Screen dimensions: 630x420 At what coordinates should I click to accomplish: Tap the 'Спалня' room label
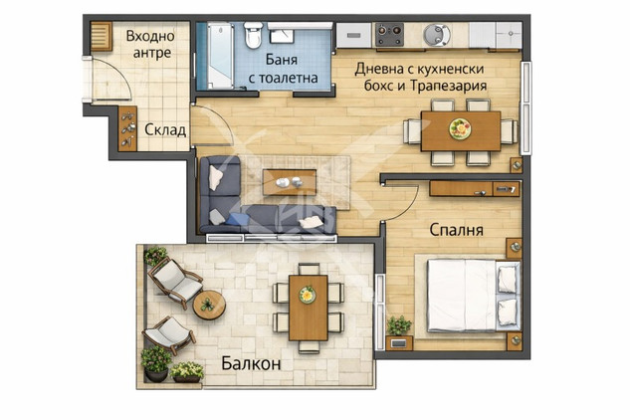456,230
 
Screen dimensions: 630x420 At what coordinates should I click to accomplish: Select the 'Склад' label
165,129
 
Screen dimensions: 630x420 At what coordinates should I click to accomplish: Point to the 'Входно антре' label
150,44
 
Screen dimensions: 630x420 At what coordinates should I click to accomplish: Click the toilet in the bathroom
253,36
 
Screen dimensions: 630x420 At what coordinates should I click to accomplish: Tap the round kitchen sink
436,34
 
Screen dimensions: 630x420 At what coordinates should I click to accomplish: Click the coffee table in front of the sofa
290,182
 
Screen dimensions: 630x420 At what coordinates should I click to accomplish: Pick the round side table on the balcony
209,306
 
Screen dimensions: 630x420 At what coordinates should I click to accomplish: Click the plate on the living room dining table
460,129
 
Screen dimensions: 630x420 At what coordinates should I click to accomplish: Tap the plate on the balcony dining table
308,295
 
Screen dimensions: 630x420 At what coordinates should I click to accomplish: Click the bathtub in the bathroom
220,56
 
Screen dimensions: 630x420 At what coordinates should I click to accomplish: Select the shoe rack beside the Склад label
127,128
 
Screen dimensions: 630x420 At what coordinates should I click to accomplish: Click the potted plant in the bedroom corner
399,325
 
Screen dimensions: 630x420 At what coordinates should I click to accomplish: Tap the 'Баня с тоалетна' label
283,69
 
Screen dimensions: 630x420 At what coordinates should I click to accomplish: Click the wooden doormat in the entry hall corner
102,37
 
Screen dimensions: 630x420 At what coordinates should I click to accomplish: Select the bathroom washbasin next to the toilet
281,36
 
